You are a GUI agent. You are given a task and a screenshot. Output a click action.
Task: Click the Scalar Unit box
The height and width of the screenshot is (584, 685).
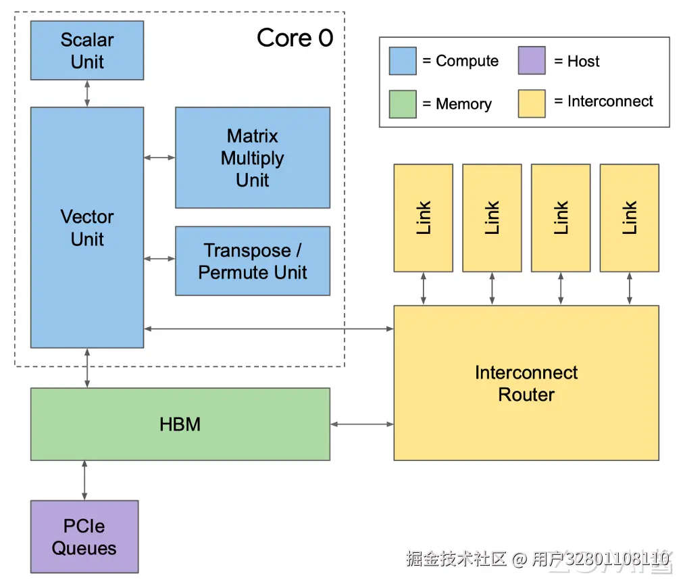click(x=87, y=51)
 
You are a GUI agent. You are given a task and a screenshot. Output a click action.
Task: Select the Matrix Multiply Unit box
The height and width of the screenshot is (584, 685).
click(x=253, y=157)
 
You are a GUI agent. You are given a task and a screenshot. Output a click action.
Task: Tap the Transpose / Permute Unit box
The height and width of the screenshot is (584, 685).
click(x=253, y=261)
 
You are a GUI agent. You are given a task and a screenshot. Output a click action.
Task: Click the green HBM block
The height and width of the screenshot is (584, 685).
click(x=180, y=424)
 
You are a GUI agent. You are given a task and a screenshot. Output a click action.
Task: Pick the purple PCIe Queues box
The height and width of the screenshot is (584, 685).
click(x=84, y=537)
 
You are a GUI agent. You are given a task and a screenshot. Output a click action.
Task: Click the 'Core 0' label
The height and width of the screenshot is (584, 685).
click(x=295, y=39)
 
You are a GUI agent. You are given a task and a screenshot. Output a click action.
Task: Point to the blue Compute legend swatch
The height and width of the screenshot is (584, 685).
click(x=403, y=62)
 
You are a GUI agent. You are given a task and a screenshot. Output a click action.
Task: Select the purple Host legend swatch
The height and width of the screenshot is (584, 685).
click(x=532, y=62)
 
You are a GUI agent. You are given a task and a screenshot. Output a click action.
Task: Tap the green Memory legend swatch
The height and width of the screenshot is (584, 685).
click(x=403, y=104)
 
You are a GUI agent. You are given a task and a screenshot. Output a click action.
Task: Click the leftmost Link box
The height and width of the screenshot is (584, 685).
click(x=424, y=218)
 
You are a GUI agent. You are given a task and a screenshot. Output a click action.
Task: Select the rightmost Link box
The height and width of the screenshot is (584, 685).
click(x=630, y=218)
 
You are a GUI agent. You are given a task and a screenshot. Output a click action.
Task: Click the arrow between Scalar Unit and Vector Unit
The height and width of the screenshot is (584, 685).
click(x=87, y=93)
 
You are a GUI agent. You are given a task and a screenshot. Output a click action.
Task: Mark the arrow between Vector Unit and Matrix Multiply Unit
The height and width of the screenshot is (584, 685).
click(x=159, y=157)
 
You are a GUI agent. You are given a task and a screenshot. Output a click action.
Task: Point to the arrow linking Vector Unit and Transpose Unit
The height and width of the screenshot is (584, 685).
click(x=159, y=258)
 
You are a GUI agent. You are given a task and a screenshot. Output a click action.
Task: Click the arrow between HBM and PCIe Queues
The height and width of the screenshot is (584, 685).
click(x=84, y=481)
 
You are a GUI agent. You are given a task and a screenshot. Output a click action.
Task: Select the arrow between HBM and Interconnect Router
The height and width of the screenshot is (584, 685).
click(x=362, y=424)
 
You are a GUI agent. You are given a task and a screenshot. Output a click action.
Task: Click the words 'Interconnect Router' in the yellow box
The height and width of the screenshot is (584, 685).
click(x=526, y=383)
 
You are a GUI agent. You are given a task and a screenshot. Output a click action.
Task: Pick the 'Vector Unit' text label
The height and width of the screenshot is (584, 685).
click(x=87, y=228)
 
